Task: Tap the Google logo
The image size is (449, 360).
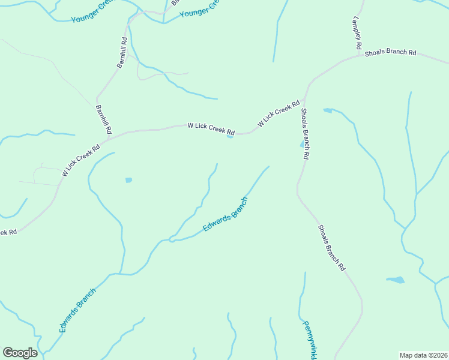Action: pyautogui.click(x=20, y=352)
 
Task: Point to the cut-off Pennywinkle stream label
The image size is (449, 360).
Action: pyautogui.click(x=309, y=340)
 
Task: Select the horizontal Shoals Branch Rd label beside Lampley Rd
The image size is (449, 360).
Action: pyautogui.click(x=390, y=53)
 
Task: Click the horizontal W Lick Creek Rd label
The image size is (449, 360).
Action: pyautogui.click(x=211, y=128)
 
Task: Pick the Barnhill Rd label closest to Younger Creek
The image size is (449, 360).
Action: pyautogui.click(x=122, y=53)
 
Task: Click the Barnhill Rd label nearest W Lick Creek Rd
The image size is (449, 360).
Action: pyautogui.click(x=104, y=119)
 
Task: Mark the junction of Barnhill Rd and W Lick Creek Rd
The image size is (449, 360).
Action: pyautogui.click(x=106, y=140)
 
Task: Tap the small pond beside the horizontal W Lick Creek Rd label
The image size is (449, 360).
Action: pyautogui.click(x=230, y=136)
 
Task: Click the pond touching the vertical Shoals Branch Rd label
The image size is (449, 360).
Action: pyautogui.click(x=302, y=145)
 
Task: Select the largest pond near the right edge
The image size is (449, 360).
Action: pyautogui.click(x=396, y=280)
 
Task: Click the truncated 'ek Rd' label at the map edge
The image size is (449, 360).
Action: pyautogui.click(x=8, y=232)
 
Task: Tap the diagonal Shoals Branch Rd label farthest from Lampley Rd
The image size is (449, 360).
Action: pyautogui.click(x=331, y=247)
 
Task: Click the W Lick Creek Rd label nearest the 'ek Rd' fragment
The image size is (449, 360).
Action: pyautogui.click(x=80, y=160)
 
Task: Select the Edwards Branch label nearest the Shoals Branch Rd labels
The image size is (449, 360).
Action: pyautogui.click(x=224, y=216)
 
